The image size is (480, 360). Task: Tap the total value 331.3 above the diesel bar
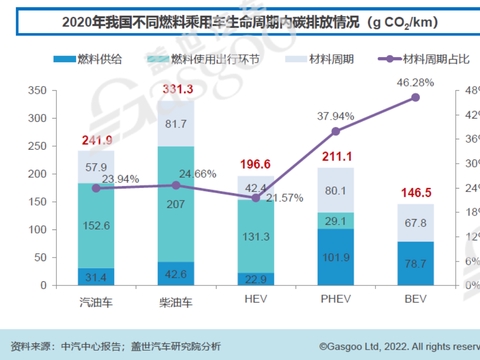tap(177, 91)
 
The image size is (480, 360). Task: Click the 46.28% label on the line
tap(415, 83)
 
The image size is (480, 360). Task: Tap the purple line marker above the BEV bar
tap(415, 97)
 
